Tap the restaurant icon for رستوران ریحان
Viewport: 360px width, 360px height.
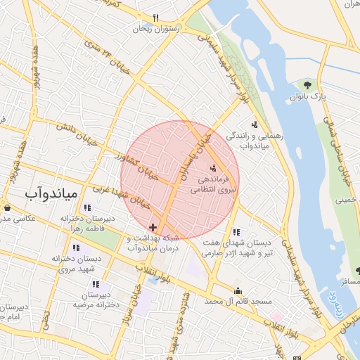point(156,18)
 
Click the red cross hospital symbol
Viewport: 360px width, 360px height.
point(153,227)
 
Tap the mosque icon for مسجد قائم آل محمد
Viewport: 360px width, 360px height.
point(238,290)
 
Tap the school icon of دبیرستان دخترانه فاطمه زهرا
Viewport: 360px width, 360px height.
point(87,207)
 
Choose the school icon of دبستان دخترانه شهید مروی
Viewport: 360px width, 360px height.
point(76,247)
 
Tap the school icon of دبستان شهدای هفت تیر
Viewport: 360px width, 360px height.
point(236,232)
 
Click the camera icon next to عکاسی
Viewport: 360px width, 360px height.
point(7,207)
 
